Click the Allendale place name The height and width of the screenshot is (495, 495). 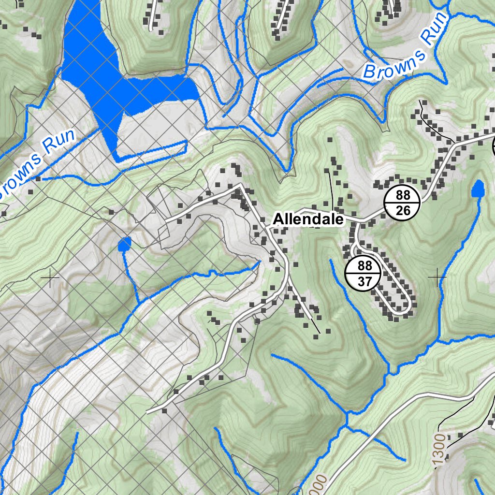pyautogui.click(x=308, y=219)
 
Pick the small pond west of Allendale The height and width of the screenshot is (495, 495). pyautogui.click(x=124, y=245)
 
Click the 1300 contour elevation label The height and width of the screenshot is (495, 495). pyautogui.click(x=440, y=450)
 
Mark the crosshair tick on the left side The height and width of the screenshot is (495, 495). pyautogui.click(x=50, y=278)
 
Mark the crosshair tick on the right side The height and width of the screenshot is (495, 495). pyautogui.click(x=437, y=277)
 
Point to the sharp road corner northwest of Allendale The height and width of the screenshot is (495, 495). pyautogui.click(x=241, y=185)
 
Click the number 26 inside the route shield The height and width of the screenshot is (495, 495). pyautogui.click(x=402, y=210)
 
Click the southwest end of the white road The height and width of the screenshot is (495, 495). pyautogui.click(x=148, y=412)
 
